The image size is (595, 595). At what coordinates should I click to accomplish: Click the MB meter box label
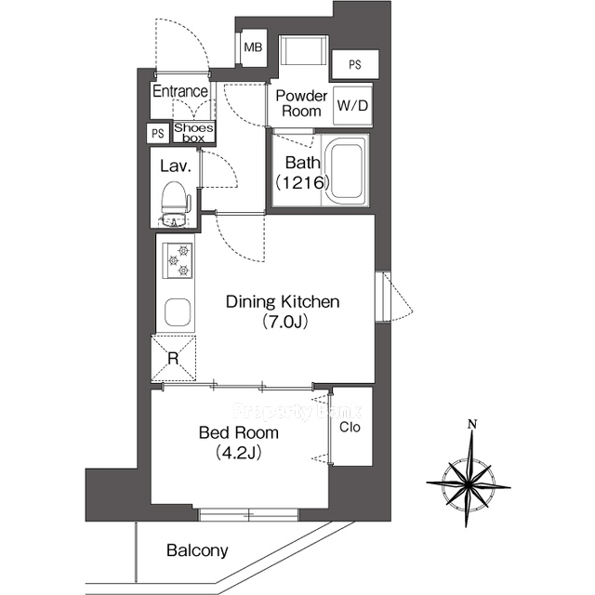point(253,47)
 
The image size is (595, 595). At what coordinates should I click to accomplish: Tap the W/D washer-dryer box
point(352,106)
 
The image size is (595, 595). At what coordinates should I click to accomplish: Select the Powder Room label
point(301,103)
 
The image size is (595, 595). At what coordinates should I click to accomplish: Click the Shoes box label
point(193,132)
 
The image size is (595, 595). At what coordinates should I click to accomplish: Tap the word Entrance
point(180,91)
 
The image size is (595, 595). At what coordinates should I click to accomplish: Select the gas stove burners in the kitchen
point(178,260)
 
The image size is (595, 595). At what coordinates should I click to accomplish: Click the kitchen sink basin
point(178,312)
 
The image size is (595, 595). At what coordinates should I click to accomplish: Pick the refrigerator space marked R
point(174,358)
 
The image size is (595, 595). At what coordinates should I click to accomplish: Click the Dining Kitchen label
point(283,302)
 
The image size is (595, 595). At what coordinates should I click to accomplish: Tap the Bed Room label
point(239,432)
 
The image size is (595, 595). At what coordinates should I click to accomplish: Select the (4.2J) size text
point(239,453)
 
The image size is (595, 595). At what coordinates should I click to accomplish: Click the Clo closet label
point(350,428)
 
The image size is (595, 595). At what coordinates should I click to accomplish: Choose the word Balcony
point(197,550)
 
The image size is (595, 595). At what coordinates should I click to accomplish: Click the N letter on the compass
point(472,424)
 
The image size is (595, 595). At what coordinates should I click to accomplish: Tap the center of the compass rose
point(469,484)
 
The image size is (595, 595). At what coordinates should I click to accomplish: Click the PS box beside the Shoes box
point(158,133)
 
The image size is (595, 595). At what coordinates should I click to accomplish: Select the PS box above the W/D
point(355,65)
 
